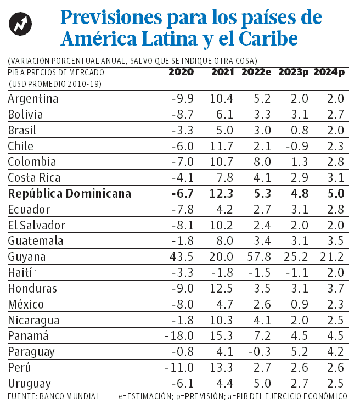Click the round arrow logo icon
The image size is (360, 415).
(x=21, y=24)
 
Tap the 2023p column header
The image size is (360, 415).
(x=294, y=72)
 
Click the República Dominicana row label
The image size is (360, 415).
(x=70, y=193)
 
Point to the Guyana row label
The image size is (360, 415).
(x=27, y=257)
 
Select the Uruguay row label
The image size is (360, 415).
(x=30, y=383)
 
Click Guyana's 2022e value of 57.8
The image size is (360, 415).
(x=256, y=257)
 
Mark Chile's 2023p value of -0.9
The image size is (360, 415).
(x=297, y=146)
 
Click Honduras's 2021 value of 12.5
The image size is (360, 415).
(x=221, y=288)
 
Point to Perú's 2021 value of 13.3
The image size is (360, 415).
(x=221, y=367)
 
